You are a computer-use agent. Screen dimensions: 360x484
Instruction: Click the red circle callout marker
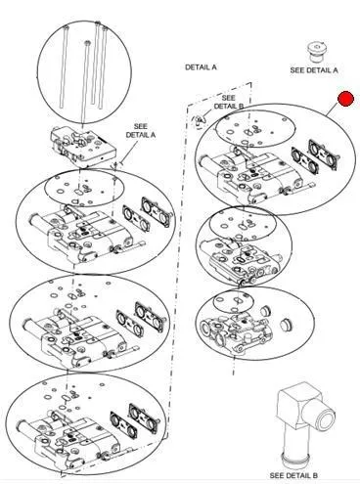click(x=346, y=99)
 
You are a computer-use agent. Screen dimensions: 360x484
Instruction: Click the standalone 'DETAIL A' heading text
click(x=201, y=67)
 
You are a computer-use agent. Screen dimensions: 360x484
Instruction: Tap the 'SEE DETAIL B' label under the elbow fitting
click(x=293, y=475)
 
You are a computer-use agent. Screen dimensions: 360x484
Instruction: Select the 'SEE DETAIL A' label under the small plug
click(x=314, y=69)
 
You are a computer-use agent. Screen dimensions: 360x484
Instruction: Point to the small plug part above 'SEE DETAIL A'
click(x=317, y=52)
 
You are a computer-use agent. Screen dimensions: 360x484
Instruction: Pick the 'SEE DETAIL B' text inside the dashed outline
click(x=228, y=102)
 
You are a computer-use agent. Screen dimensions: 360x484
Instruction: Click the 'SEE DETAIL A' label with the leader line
click(x=141, y=131)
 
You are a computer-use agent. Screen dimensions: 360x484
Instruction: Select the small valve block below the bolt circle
click(x=83, y=147)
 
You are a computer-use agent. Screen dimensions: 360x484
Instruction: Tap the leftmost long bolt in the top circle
click(x=65, y=66)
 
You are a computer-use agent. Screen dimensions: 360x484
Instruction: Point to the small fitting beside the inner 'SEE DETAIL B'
click(x=200, y=121)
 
